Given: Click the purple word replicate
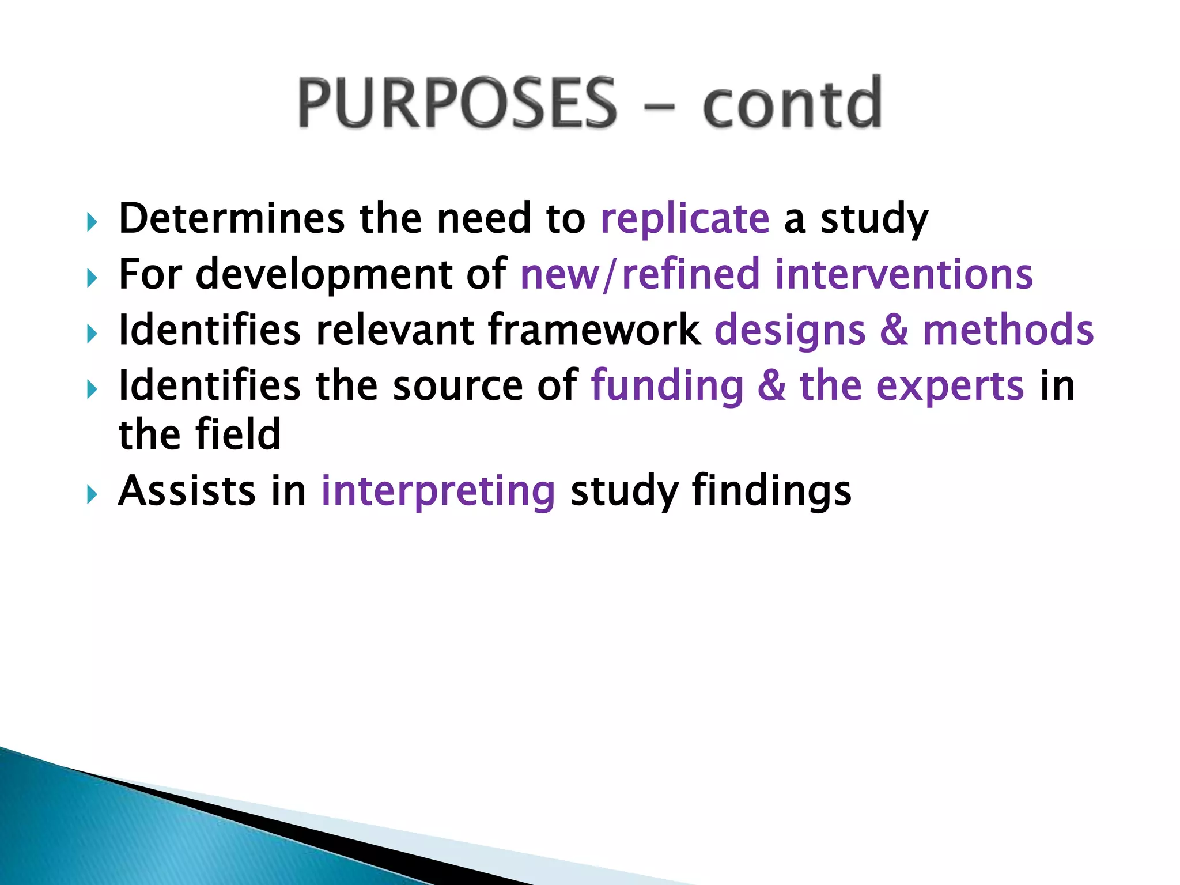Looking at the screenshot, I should pos(684,219).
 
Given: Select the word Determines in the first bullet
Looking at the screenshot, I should pos(232,219).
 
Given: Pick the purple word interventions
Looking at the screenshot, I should pos(903,274).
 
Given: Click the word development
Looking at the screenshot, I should pos(324,275).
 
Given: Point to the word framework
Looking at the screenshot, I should pos(593,330).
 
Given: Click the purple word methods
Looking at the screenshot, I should pos(1008,330).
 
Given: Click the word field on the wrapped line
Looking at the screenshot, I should pos(237,434).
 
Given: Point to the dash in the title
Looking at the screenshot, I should pos(659,107).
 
